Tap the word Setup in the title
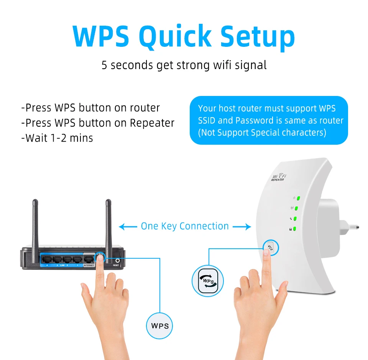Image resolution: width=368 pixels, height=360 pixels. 258,37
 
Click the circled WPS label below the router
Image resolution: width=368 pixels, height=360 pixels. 160,326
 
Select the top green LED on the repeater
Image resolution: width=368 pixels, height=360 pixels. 298,199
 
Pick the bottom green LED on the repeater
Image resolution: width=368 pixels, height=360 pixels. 298,230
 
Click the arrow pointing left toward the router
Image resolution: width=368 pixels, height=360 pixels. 128,227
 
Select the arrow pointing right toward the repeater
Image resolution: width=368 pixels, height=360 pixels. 242,227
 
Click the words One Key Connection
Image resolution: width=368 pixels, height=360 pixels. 185,226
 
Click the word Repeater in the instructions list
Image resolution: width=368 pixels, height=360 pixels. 152,123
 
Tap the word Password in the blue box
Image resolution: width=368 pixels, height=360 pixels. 254,121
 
